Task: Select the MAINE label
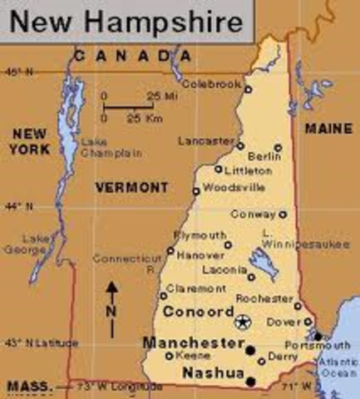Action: tap(328, 129)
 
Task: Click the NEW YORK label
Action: tap(30, 141)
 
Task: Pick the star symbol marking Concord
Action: tap(241, 321)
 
